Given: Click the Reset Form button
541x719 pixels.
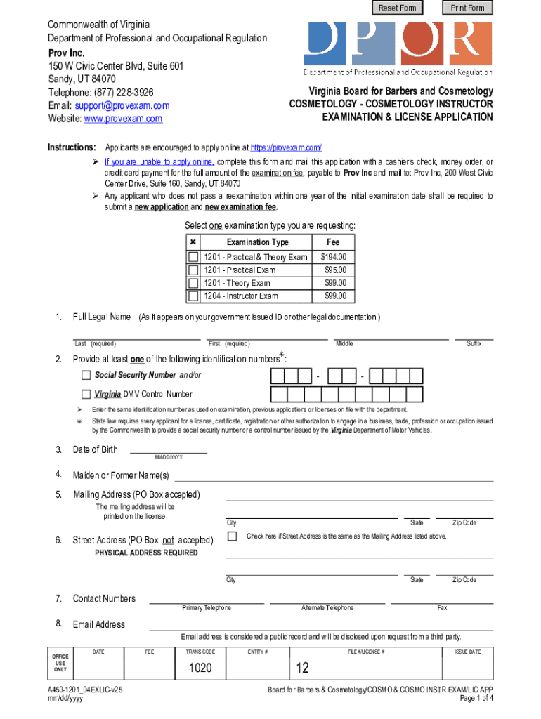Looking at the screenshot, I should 397,8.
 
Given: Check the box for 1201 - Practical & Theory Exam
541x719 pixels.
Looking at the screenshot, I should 193,258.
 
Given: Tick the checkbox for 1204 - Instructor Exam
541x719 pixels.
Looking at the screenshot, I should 193,296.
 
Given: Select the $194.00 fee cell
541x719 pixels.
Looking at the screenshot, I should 333,258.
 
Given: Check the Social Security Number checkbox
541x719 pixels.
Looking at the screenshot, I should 86,375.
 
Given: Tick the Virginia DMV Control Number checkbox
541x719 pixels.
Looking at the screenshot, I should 86,394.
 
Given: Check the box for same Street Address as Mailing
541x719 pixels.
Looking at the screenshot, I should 232,536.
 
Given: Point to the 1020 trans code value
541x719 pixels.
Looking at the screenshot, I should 200,668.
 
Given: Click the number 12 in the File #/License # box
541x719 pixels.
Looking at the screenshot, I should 303,668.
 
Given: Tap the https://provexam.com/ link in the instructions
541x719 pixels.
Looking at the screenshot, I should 286,148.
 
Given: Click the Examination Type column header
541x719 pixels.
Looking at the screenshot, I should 257,242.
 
